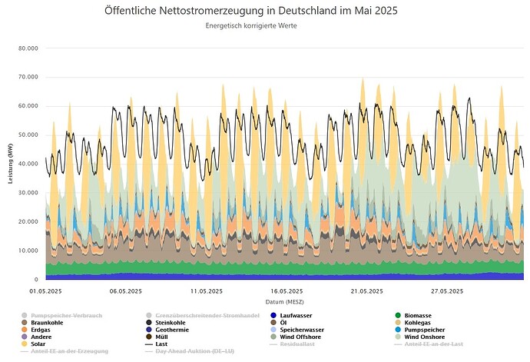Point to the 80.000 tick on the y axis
(28, 48)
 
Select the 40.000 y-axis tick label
(28, 164)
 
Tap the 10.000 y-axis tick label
(28, 251)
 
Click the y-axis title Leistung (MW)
(9, 164)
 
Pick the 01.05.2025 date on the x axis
(45, 291)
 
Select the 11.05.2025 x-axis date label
(206, 291)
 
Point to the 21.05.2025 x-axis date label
(366, 291)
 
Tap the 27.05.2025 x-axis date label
(446, 291)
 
